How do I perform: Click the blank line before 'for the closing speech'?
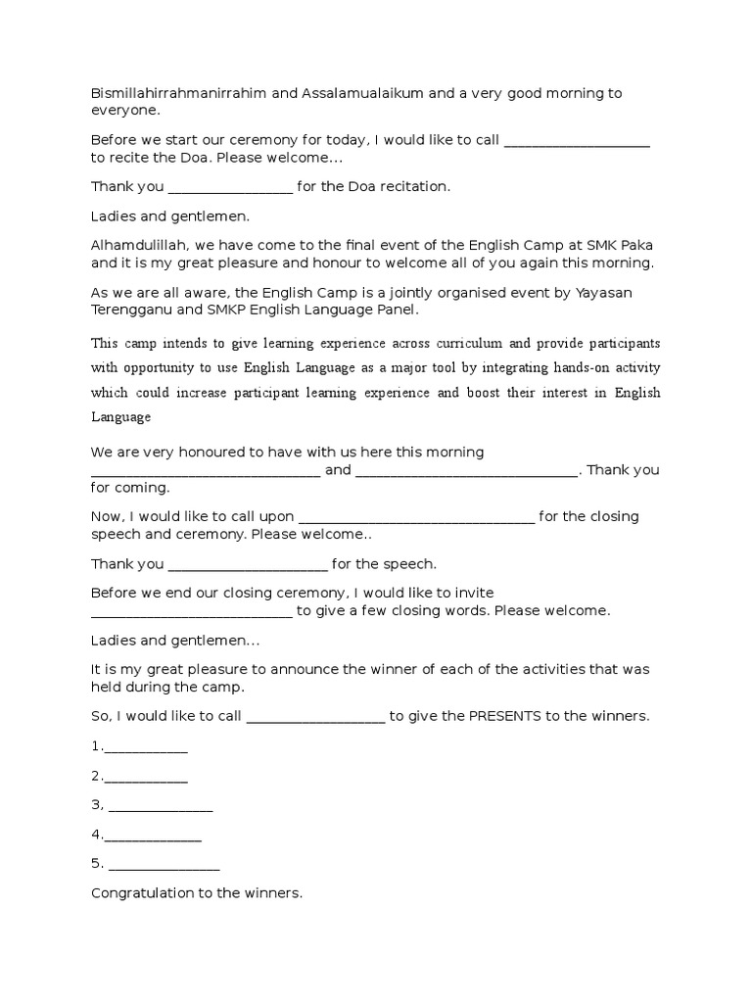[415, 518]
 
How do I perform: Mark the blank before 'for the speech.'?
[248, 565]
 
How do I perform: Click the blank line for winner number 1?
[145, 748]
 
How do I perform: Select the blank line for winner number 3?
[161, 807]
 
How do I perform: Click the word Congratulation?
[146, 893]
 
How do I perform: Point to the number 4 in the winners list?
[96, 835]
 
